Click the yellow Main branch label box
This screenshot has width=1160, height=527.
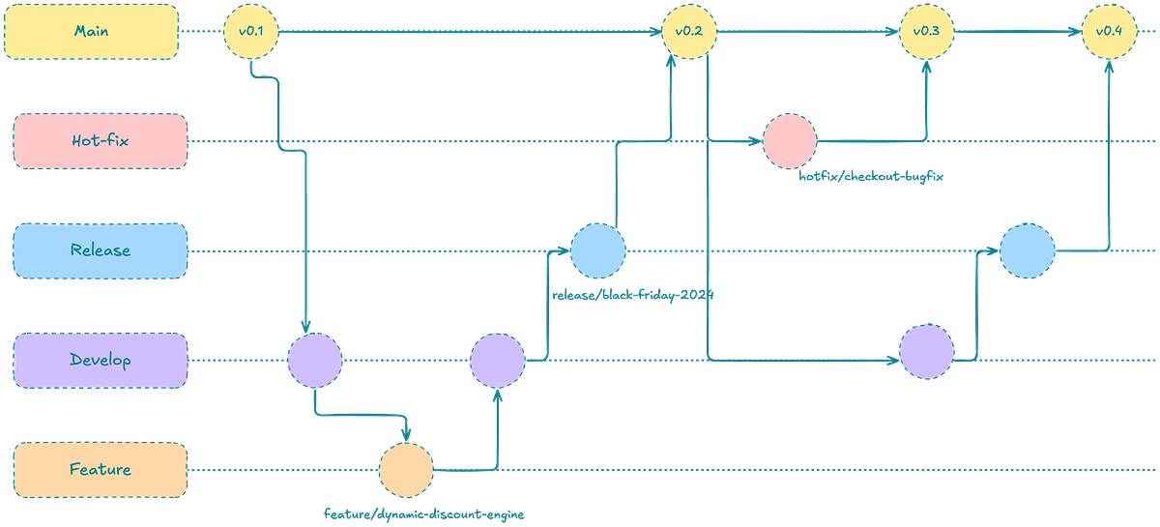click(91, 32)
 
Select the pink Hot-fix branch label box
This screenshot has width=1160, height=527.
click(101, 141)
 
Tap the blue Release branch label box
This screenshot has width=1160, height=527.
click(101, 250)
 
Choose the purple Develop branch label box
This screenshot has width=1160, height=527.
click(101, 360)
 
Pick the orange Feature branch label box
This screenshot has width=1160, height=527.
click(101, 470)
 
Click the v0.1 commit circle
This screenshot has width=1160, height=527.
click(251, 32)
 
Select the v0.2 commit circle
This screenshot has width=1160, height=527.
click(689, 32)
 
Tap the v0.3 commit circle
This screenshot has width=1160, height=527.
click(926, 32)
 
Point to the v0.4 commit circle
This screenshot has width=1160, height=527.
click(1110, 32)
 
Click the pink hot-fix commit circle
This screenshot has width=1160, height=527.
click(790, 141)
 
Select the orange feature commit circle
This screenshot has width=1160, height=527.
click(406, 470)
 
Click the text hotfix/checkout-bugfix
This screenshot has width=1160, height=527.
click(871, 176)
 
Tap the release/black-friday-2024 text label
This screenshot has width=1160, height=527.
click(633, 295)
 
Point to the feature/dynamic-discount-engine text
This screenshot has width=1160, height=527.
click(424, 514)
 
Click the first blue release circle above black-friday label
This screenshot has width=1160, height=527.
click(598, 250)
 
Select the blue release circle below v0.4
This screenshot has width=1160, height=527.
click(1028, 250)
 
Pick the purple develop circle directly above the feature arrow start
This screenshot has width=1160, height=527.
click(315, 360)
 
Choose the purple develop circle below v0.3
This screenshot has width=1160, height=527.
click(926, 352)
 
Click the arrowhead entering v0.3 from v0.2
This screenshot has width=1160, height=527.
click(892, 32)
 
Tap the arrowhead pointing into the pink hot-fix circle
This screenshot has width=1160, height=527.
click(755, 141)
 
